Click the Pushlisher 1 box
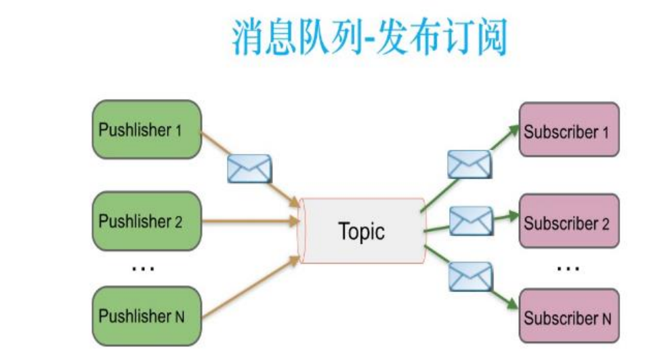(146, 130)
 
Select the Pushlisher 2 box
(146, 221)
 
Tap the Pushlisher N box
(146, 315)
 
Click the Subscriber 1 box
(568, 132)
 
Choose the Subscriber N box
(568, 317)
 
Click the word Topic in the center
(361, 231)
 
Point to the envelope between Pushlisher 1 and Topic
(249, 169)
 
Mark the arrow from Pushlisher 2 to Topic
(251, 220)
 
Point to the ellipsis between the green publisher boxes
(143, 268)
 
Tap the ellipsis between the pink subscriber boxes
(568, 269)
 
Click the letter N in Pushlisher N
(180, 317)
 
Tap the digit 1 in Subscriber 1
(605, 133)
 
